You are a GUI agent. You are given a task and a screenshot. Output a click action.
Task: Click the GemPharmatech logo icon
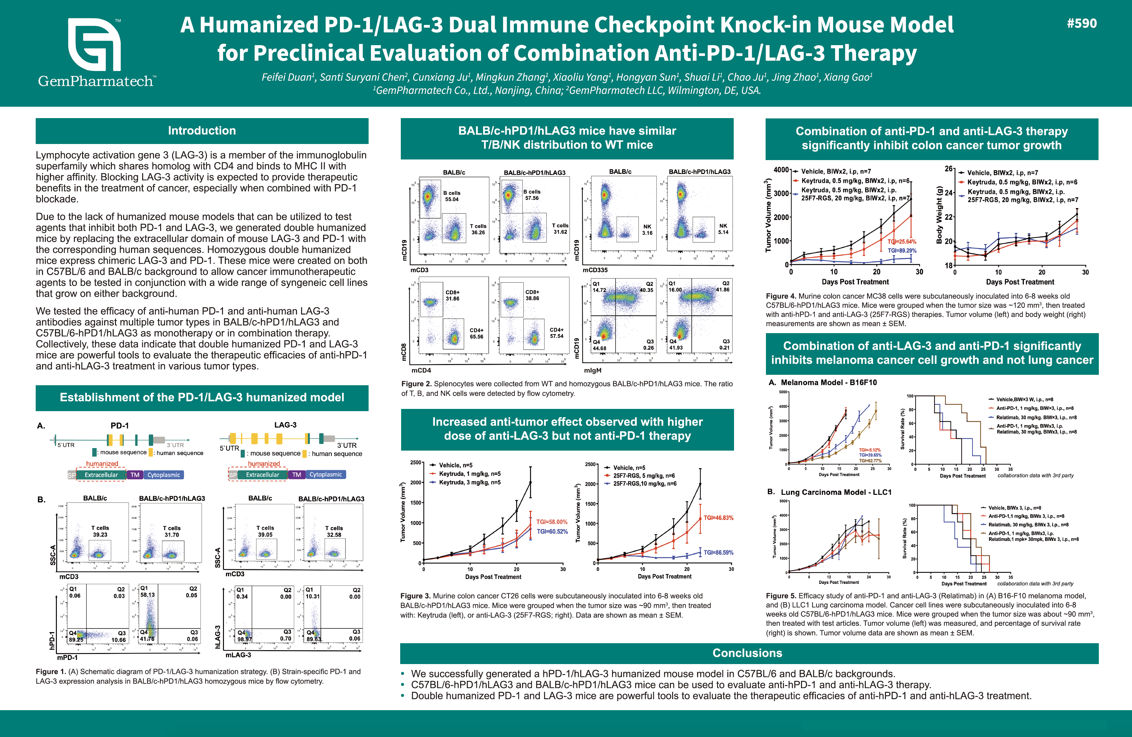pyautogui.click(x=94, y=45)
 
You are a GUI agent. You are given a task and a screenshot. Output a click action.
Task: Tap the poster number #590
pyautogui.click(x=1081, y=24)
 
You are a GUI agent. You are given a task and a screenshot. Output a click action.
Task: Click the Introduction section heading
pyautogui.click(x=202, y=131)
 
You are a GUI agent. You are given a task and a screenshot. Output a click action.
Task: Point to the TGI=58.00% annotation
pyautogui.click(x=552, y=522)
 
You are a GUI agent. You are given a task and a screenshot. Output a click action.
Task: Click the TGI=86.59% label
pyautogui.click(x=718, y=553)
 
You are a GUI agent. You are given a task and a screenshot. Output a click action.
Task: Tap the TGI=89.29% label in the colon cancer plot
pyautogui.click(x=902, y=251)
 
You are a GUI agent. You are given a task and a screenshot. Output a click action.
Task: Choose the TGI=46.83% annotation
pyautogui.click(x=718, y=518)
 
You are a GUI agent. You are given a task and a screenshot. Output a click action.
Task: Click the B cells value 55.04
pyautogui.click(x=452, y=200)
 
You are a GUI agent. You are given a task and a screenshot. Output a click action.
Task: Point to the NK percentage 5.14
pyautogui.click(x=723, y=232)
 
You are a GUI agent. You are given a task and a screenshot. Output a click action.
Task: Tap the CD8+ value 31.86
pyautogui.click(x=452, y=299)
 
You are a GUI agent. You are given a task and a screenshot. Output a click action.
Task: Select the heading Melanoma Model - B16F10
pyautogui.click(x=828, y=382)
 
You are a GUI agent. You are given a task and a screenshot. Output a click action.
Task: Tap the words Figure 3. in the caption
pyautogui.click(x=415, y=596)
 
